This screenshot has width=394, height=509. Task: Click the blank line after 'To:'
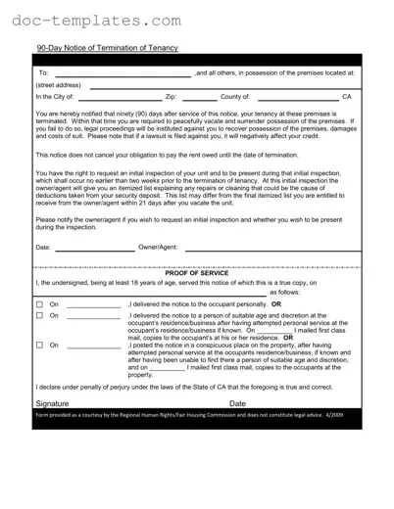[123, 72]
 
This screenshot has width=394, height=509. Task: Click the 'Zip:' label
[171, 97]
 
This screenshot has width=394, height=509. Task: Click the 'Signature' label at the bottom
[52, 403]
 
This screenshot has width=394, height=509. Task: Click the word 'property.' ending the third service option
[141, 375]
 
